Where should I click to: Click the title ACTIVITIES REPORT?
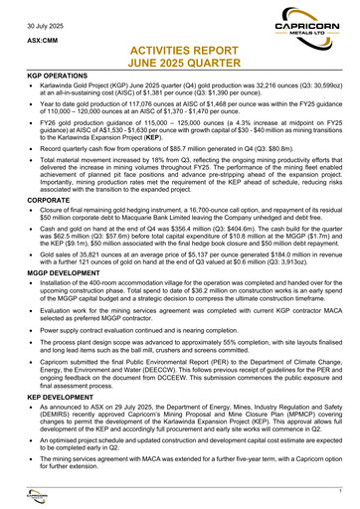(x=179, y=48)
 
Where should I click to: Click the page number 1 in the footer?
(x=339, y=493)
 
